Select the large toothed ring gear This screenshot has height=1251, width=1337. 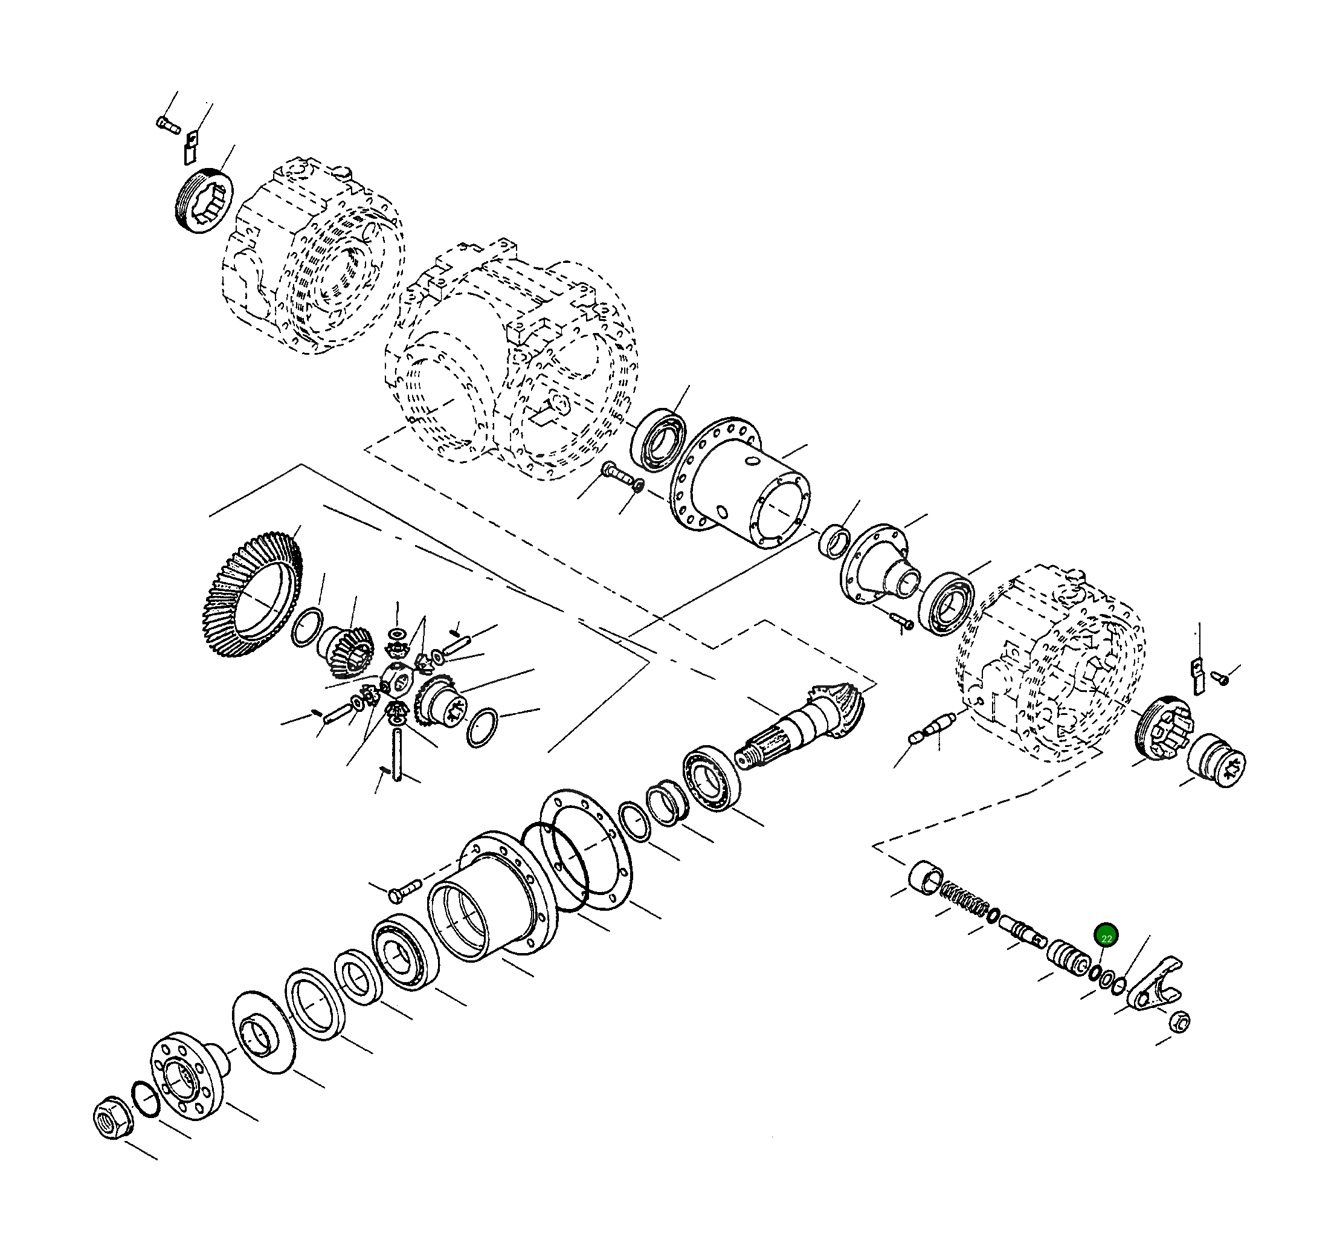click(x=250, y=595)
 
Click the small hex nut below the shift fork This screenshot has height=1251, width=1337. click(x=1180, y=1021)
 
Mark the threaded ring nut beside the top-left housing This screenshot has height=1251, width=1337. click(x=202, y=202)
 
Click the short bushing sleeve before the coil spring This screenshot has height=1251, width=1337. click(x=925, y=877)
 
